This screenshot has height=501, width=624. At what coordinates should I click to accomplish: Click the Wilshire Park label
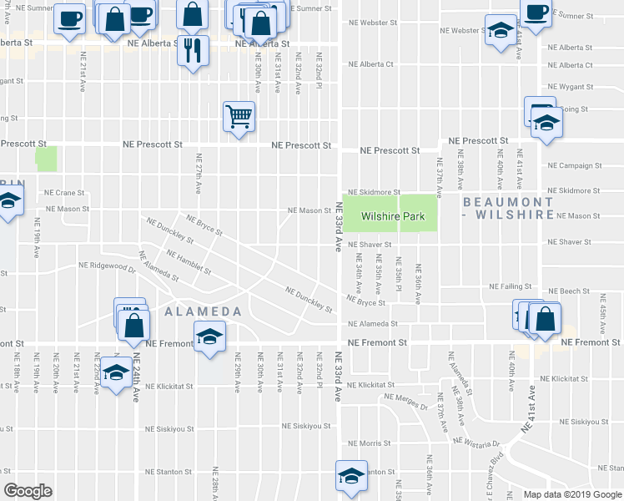point(392,217)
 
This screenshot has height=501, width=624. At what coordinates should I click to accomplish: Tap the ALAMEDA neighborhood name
point(204,311)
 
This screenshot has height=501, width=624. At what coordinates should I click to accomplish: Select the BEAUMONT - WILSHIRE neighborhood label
point(508,208)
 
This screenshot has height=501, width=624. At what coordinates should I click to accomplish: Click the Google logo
point(28,491)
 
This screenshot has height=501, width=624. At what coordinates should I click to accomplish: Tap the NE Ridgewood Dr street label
point(102,268)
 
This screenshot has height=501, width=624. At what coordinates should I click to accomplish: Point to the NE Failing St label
point(512,286)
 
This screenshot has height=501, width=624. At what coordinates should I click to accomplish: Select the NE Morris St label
point(365,443)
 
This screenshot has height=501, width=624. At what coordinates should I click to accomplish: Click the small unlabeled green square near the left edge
point(46,159)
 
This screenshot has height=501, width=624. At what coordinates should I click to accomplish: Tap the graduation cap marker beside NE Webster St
point(501,32)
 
